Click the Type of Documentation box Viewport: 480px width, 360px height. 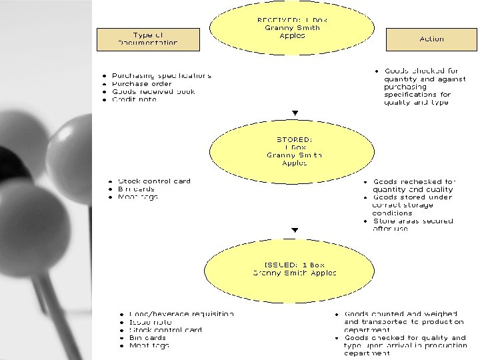[x=148, y=39]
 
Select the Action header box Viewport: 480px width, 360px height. [x=431, y=39]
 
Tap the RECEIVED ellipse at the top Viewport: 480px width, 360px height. [x=292, y=28]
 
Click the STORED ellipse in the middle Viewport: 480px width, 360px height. [x=294, y=151]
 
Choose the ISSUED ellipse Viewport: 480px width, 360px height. [x=294, y=269]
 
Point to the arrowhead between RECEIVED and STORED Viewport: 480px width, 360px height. [x=295, y=113]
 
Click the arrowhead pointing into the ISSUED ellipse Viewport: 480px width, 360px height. [x=295, y=231]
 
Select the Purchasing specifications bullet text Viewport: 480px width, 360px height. [x=161, y=76]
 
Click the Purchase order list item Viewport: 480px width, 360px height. [x=141, y=84]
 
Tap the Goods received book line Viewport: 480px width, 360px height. [x=153, y=92]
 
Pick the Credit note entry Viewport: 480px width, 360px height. [x=134, y=100]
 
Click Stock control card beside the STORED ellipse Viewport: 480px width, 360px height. [x=153, y=181]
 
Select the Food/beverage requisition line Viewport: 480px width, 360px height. [x=181, y=314]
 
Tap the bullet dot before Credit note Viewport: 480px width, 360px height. [x=105, y=100]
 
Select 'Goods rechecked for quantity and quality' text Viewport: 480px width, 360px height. [x=413, y=185]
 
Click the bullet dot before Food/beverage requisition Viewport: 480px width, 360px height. [x=121, y=314]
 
